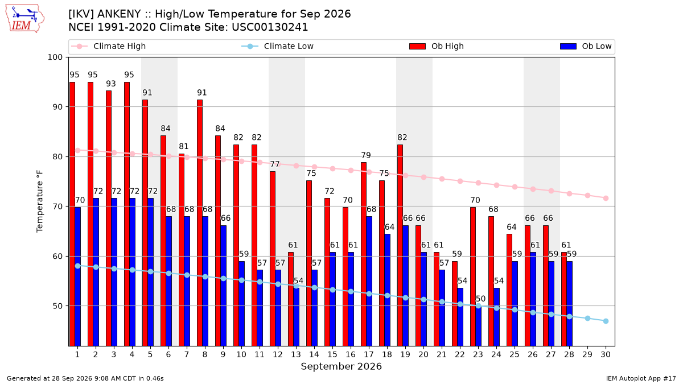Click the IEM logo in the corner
pyautogui.click(x=25, y=19)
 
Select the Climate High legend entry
pyautogui.click(x=108, y=46)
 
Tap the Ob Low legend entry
pyautogui.click(x=586, y=46)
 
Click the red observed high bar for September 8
pyautogui.click(x=200, y=223)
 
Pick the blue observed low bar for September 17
pyautogui.click(x=369, y=281)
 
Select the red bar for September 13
pyautogui.click(x=291, y=299)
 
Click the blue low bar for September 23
pyautogui.click(x=479, y=326)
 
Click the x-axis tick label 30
pyautogui.click(x=606, y=354)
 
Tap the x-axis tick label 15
pyautogui.click(x=332, y=354)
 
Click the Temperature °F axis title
pyautogui.click(x=40, y=201)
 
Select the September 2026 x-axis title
pyautogui.click(x=341, y=366)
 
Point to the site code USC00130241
pyautogui.click(x=270, y=27)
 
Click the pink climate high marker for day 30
pyautogui.click(x=606, y=198)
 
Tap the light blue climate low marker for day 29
pyautogui.click(x=587, y=318)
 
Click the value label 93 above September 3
pyautogui.click(x=111, y=84)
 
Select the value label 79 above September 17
pyautogui.click(x=366, y=155)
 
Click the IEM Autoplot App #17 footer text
pyautogui.click(x=641, y=378)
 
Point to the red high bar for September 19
pyautogui.click(x=400, y=245)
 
